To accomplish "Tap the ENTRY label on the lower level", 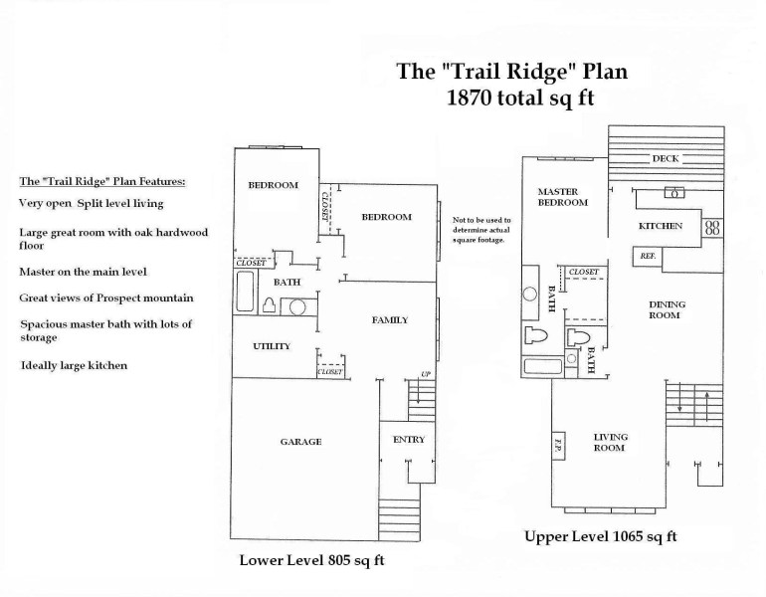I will [x=409, y=440].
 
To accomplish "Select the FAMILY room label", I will [x=390, y=319].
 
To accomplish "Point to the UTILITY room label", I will [x=271, y=346].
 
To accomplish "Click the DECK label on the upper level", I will [x=665, y=159].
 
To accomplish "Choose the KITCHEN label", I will [x=661, y=226].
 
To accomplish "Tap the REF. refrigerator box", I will [x=645, y=256].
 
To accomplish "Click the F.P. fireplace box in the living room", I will [x=559, y=443].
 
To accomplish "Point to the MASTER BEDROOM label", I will [x=563, y=197].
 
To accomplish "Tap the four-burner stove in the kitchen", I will [x=712, y=227].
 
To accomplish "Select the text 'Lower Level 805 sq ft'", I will [x=311, y=560].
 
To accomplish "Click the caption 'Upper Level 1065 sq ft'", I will [x=601, y=537].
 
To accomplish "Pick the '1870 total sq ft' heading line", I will [x=512, y=99].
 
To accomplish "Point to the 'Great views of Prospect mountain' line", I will [x=105, y=298].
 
